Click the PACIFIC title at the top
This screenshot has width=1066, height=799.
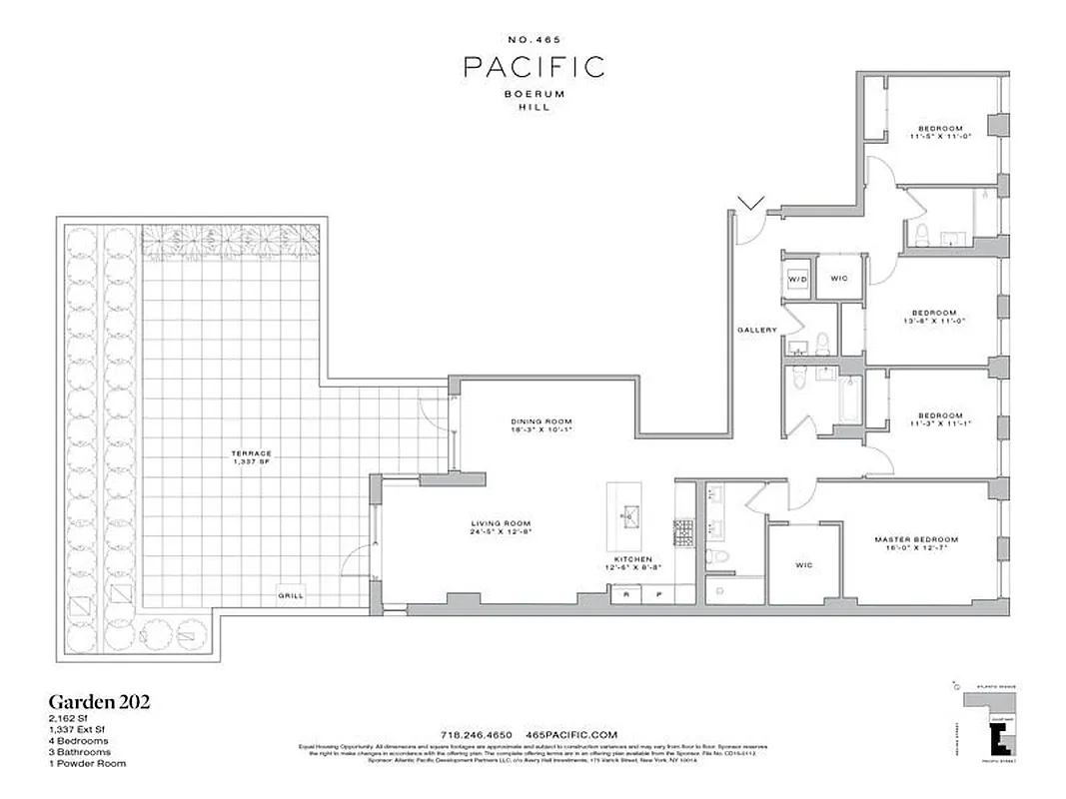533,67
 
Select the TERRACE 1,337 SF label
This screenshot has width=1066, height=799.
251,457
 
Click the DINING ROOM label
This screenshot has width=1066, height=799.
539,425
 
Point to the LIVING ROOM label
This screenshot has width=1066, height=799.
501,527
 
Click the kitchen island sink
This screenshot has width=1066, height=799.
630,515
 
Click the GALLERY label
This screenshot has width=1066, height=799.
756,330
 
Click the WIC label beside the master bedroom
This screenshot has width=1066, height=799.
804,565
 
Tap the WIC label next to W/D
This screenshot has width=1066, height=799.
839,278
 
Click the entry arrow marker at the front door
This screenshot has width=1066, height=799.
750,204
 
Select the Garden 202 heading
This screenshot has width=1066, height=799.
100,701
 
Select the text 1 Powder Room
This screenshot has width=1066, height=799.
86,763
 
